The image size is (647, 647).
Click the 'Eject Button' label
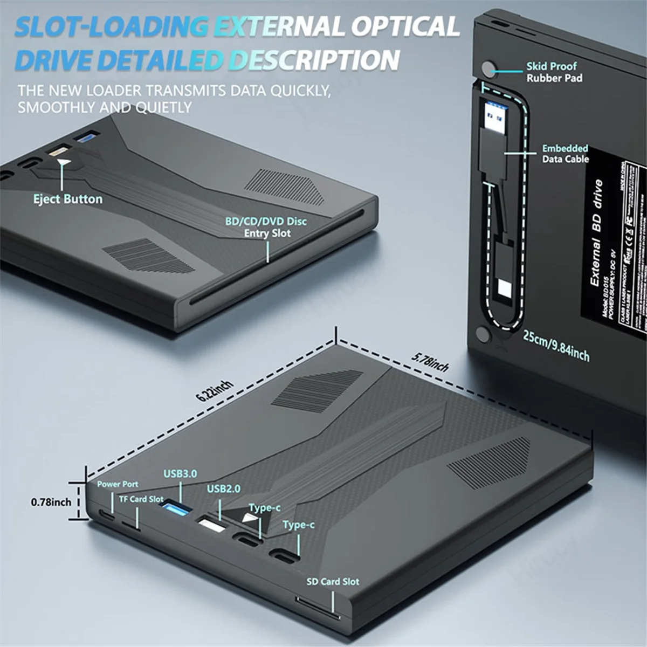coord(68,199)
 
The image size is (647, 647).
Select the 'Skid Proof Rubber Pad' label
coord(554,72)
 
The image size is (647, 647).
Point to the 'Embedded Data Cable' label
coord(565,154)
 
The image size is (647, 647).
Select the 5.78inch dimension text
coord(430,362)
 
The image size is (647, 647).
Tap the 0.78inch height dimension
coord(51,502)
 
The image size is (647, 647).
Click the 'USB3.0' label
coord(180,474)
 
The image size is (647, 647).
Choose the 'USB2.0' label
coord(224,489)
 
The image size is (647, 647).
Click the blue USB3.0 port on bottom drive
coord(176,508)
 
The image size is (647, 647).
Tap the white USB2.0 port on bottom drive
coord(211,525)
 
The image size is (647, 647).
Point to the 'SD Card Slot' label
coord(333,582)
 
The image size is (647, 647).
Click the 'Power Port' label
coord(118,484)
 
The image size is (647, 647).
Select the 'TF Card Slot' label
coord(141,499)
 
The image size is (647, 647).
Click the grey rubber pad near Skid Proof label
coord(488,69)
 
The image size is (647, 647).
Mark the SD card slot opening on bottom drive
coord(318,615)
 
